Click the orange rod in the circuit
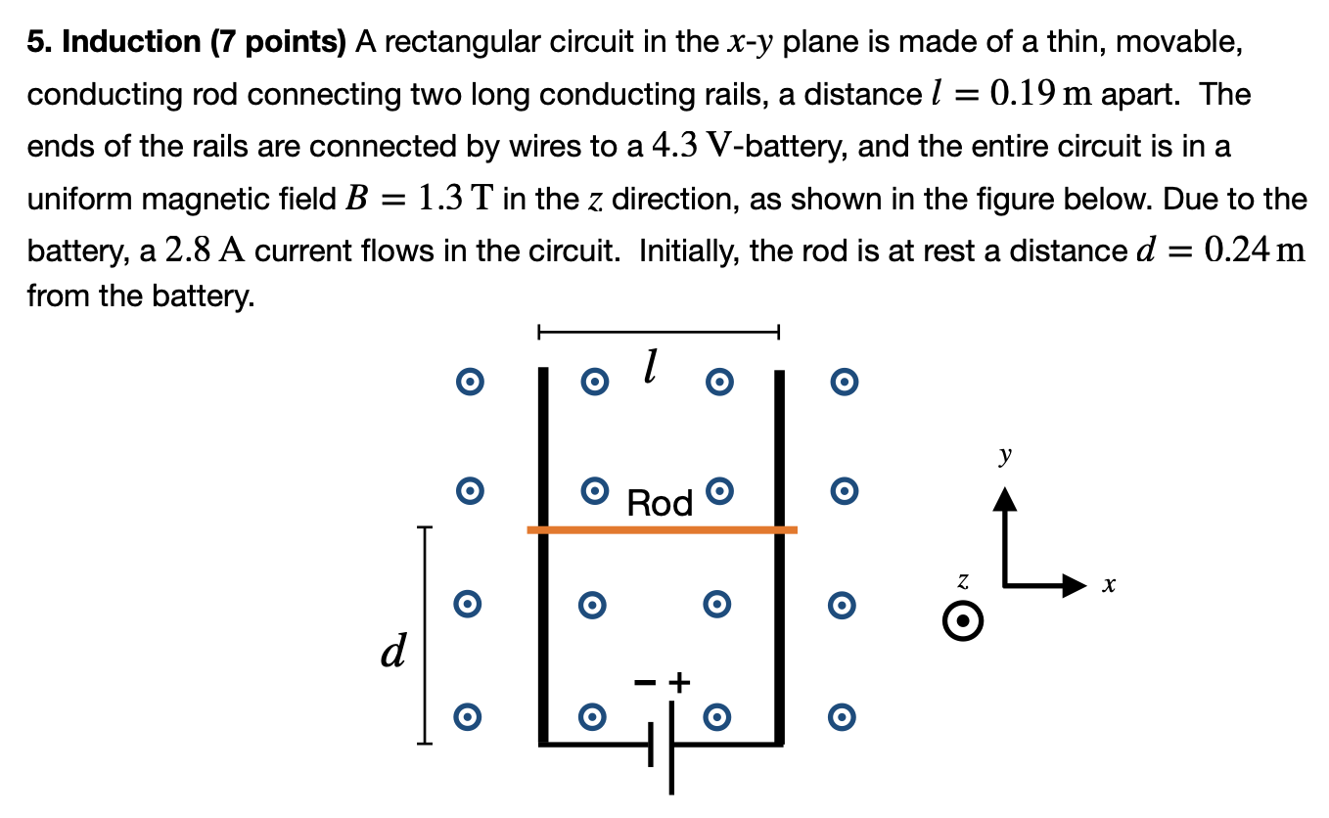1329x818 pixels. pyautogui.click(x=662, y=529)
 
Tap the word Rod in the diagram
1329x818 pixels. pyautogui.click(x=660, y=503)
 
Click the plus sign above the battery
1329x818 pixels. pyautogui.click(x=680, y=682)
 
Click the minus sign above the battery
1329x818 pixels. pyautogui.click(x=644, y=682)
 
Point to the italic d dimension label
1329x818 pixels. pyautogui.click(x=393, y=651)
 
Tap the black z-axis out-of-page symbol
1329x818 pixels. pyautogui.click(x=963, y=621)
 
